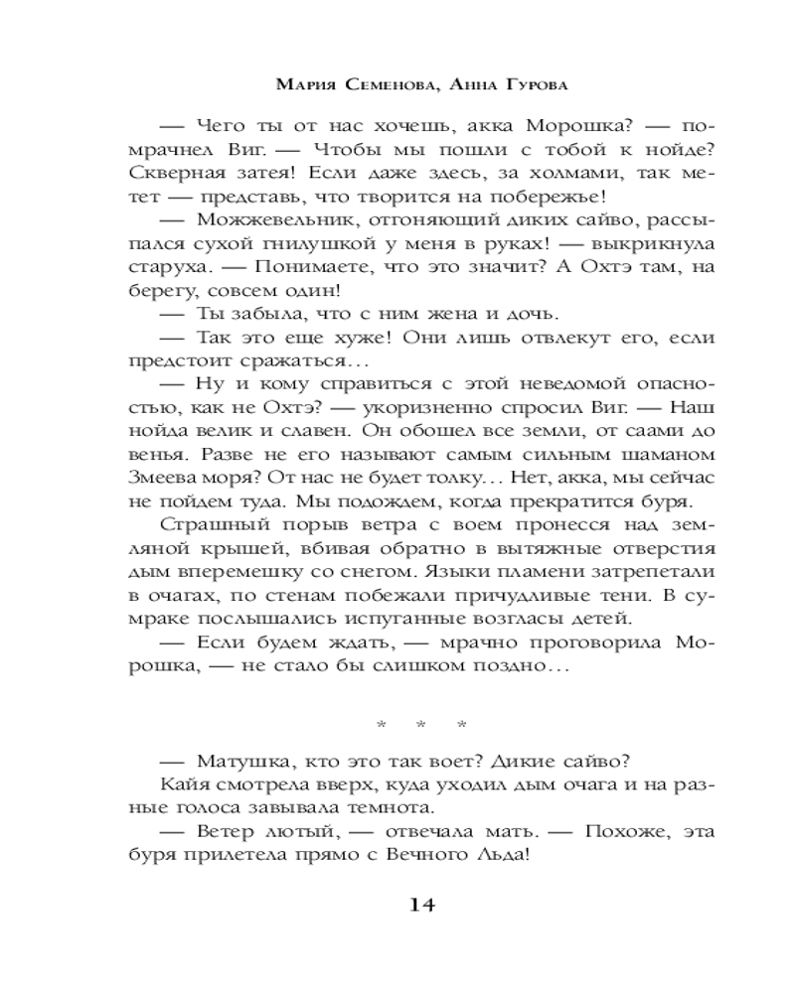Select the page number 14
[x=416, y=905]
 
